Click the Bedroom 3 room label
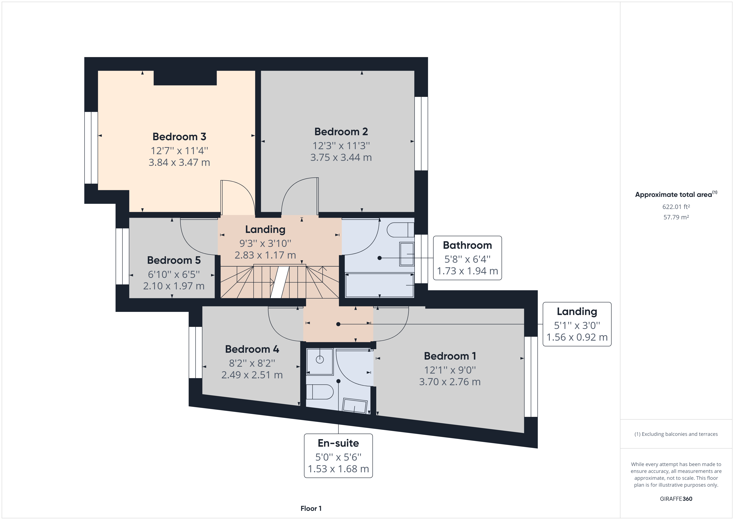click(x=179, y=137)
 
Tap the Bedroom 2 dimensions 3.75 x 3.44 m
click(x=341, y=157)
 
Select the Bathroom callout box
click(x=467, y=258)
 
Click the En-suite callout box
click(x=338, y=456)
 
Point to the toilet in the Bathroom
click(x=400, y=230)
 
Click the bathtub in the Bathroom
click(x=379, y=285)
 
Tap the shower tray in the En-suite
click(x=320, y=361)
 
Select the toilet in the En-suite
click(x=320, y=392)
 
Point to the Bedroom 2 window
click(x=421, y=134)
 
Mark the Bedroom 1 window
click(x=531, y=376)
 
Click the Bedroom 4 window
click(x=195, y=352)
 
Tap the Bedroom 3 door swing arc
click(x=239, y=197)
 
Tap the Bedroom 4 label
click(x=252, y=349)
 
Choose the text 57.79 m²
click(x=676, y=217)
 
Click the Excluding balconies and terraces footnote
click(x=676, y=434)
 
